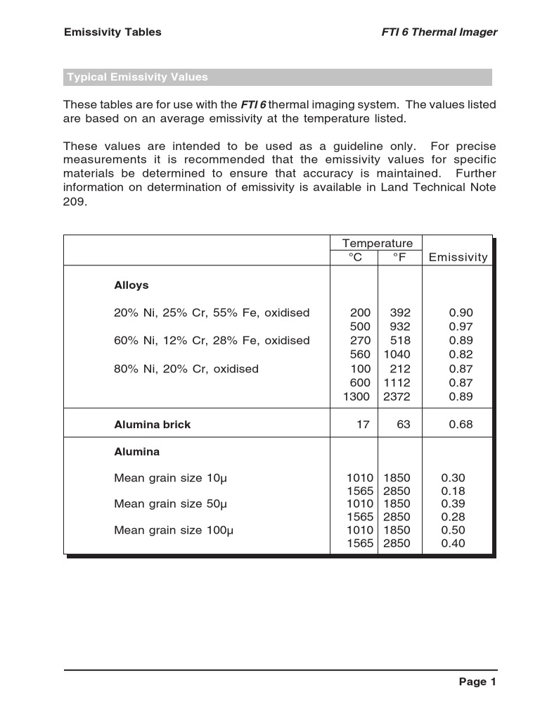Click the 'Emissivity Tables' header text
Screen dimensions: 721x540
pos(112,32)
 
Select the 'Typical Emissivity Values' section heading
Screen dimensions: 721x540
pos(137,77)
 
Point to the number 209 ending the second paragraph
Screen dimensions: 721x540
pos(75,201)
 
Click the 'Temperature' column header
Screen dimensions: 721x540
pos(378,243)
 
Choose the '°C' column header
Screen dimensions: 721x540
pos(356,257)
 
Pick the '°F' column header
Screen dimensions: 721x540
pos(399,257)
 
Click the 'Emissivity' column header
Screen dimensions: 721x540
pos(458,257)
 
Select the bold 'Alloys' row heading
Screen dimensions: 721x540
pos(131,285)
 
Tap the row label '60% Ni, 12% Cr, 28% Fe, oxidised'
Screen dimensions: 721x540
pos(212,340)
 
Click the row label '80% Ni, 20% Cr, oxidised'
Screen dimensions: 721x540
pos(186,368)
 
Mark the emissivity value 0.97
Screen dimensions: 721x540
pos(461,327)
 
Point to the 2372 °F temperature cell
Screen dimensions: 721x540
pos(397,396)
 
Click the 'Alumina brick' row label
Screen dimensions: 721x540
pos(152,425)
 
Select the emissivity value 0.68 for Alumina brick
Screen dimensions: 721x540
pos(461,425)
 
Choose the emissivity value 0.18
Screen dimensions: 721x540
pos(453,491)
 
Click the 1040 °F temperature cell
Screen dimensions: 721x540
pos(397,354)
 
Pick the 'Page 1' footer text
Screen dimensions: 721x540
pos(477,682)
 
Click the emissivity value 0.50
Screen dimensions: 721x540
pos(453,530)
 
